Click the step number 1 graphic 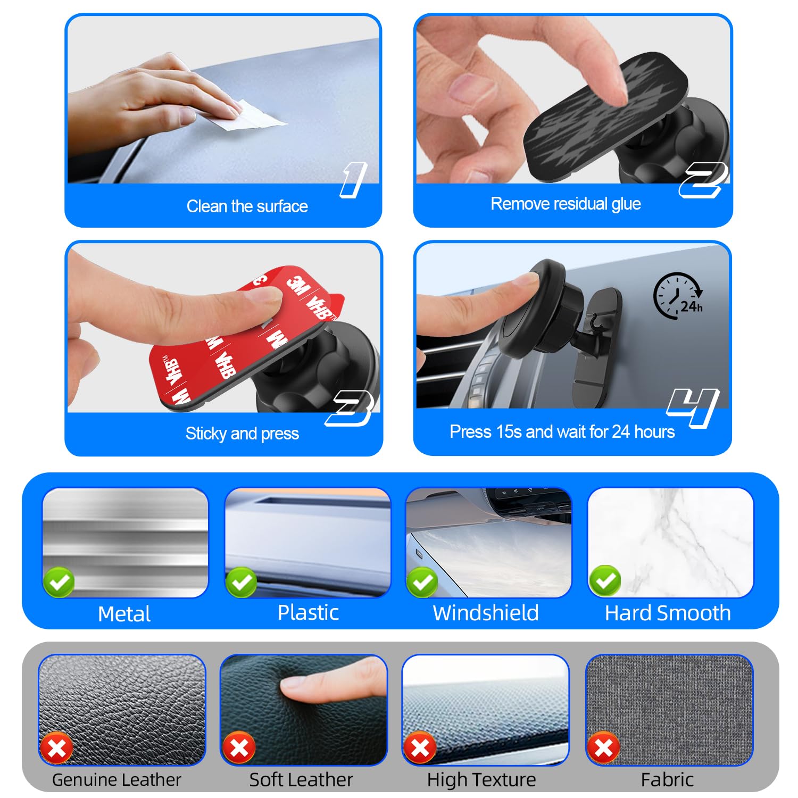click(353, 180)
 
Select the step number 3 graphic click(349, 408)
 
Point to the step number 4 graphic click(693, 407)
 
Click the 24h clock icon click(677, 296)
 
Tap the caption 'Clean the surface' click(247, 206)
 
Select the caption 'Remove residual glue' click(565, 204)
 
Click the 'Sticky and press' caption click(242, 434)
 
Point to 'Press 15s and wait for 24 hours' click(562, 431)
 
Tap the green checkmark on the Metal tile click(59, 583)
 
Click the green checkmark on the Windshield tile click(422, 583)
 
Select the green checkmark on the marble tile click(605, 581)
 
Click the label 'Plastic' click(308, 613)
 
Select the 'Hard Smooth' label click(668, 613)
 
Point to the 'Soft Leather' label click(301, 780)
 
